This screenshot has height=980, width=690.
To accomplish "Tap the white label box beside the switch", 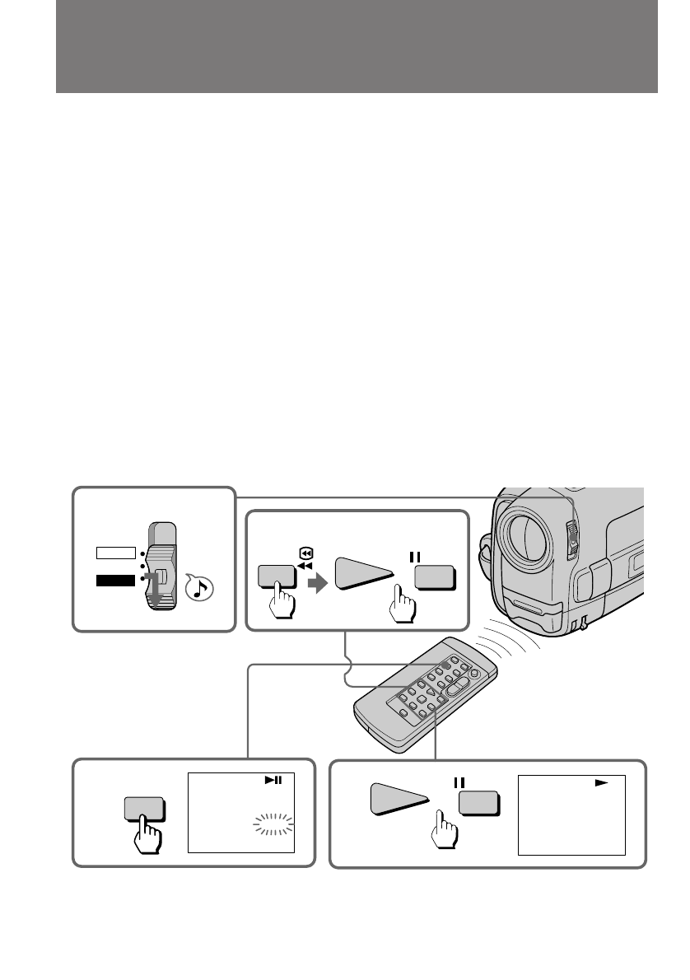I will click(x=114, y=551).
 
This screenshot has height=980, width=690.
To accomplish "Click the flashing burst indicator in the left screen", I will click(x=273, y=824).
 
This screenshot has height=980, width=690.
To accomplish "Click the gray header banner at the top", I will click(x=356, y=46).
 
